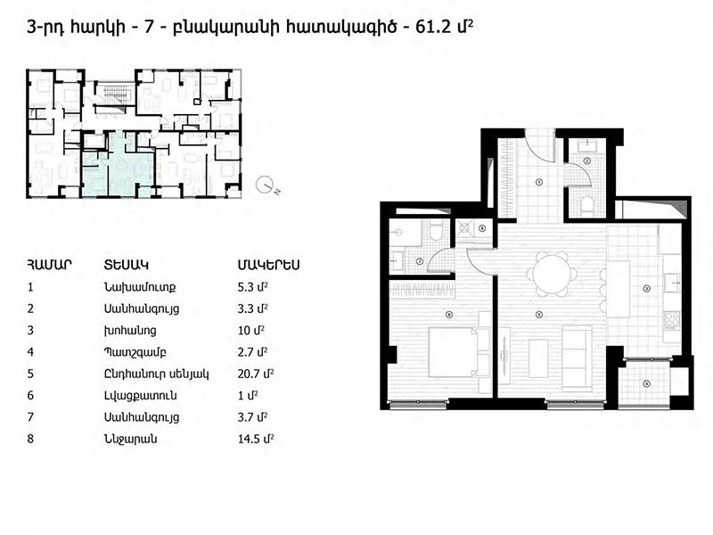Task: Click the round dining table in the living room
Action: (552, 275)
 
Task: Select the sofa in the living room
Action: (577, 358)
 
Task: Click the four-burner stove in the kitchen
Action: (672, 320)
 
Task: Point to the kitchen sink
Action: (672, 283)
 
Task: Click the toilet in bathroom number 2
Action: (587, 205)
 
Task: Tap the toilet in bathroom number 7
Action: (436, 231)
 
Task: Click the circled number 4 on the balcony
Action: (647, 384)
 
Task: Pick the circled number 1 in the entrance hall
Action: (539, 182)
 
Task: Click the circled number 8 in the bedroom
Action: (449, 315)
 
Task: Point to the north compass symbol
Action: (266, 185)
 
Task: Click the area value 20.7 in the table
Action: (248, 374)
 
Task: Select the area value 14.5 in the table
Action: (248, 439)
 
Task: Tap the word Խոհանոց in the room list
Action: (130, 330)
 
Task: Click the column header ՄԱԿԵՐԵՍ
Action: (269, 265)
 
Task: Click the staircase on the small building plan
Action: (113, 94)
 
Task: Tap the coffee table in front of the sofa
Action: (538, 358)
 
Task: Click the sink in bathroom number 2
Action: (587, 145)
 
